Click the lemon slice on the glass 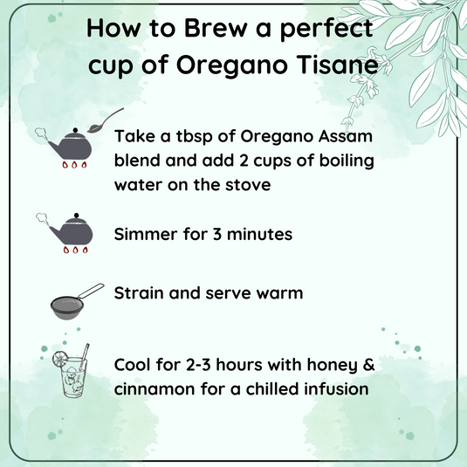click(57, 360)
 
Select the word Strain click(141, 293)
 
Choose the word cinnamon click(156, 387)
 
